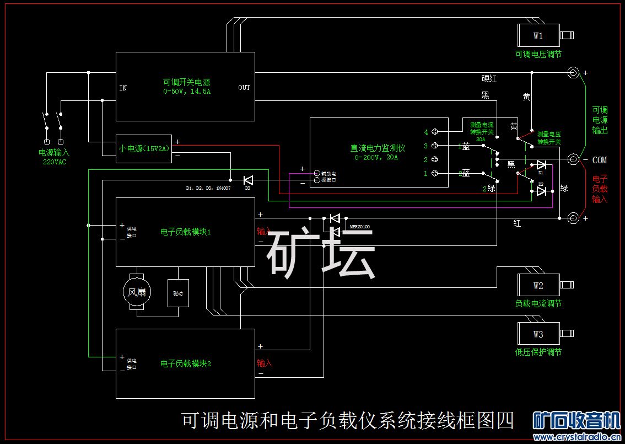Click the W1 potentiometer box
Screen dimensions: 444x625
(x=538, y=36)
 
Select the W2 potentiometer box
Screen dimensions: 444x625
(x=538, y=285)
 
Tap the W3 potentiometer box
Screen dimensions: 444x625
(x=538, y=334)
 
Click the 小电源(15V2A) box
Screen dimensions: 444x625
(x=143, y=148)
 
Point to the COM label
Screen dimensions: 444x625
(x=600, y=160)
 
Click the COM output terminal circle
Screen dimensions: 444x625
(x=573, y=159)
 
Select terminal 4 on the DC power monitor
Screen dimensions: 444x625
(x=435, y=132)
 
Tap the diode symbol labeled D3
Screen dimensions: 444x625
(x=247, y=180)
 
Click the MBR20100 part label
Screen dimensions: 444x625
(x=359, y=227)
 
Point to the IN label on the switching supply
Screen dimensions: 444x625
(x=123, y=88)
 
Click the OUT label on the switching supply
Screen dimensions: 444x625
(x=244, y=88)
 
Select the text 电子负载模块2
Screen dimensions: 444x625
(x=186, y=363)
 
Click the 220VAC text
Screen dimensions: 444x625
(x=54, y=162)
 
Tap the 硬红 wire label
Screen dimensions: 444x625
(x=489, y=79)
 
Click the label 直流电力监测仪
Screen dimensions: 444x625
(x=378, y=148)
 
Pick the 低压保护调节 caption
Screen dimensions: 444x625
(x=538, y=352)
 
